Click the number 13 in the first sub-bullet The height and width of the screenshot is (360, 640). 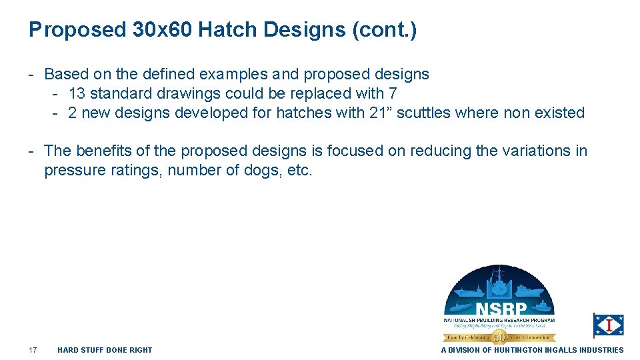pyautogui.click(x=77, y=93)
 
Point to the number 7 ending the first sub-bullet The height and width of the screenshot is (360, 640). pyautogui.click(x=392, y=93)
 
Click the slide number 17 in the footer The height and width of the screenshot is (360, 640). pyautogui.click(x=33, y=350)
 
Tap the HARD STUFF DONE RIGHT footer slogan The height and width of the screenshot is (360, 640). pyautogui.click(x=105, y=350)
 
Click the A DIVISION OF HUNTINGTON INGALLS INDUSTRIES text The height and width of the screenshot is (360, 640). pyautogui.click(x=532, y=350)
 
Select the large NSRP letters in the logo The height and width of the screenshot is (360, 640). pyautogui.click(x=501, y=309)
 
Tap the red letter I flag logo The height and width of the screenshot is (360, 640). pyautogui.click(x=609, y=325)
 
